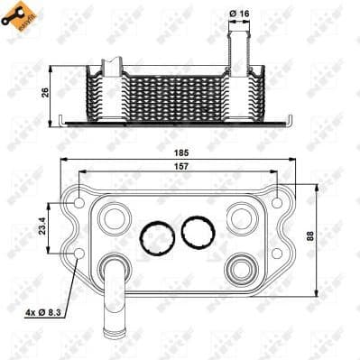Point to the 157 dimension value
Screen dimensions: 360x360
[x=184, y=168]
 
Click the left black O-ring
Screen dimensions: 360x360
[x=156, y=236]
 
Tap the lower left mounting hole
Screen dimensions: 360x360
[x=79, y=254]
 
